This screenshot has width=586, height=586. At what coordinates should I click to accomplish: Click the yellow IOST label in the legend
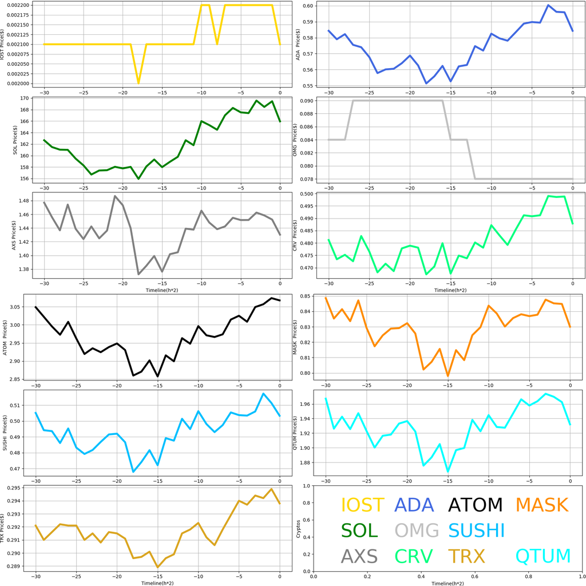click(363, 505)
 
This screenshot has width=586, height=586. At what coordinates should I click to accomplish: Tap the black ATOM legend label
click(475, 505)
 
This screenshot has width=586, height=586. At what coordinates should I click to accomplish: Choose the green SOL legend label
click(359, 531)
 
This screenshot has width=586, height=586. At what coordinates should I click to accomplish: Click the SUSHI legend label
click(476, 531)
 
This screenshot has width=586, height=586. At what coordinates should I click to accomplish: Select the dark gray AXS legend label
click(359, 556)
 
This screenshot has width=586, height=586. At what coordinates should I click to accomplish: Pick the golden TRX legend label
click(466, 556)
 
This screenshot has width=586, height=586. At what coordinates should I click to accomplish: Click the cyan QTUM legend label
click(543, 556)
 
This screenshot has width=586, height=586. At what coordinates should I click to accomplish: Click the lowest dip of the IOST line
click(138, 83)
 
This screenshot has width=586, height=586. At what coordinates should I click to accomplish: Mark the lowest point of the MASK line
click(448, 376)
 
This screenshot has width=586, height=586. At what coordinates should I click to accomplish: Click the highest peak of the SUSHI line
click(263, 394)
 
